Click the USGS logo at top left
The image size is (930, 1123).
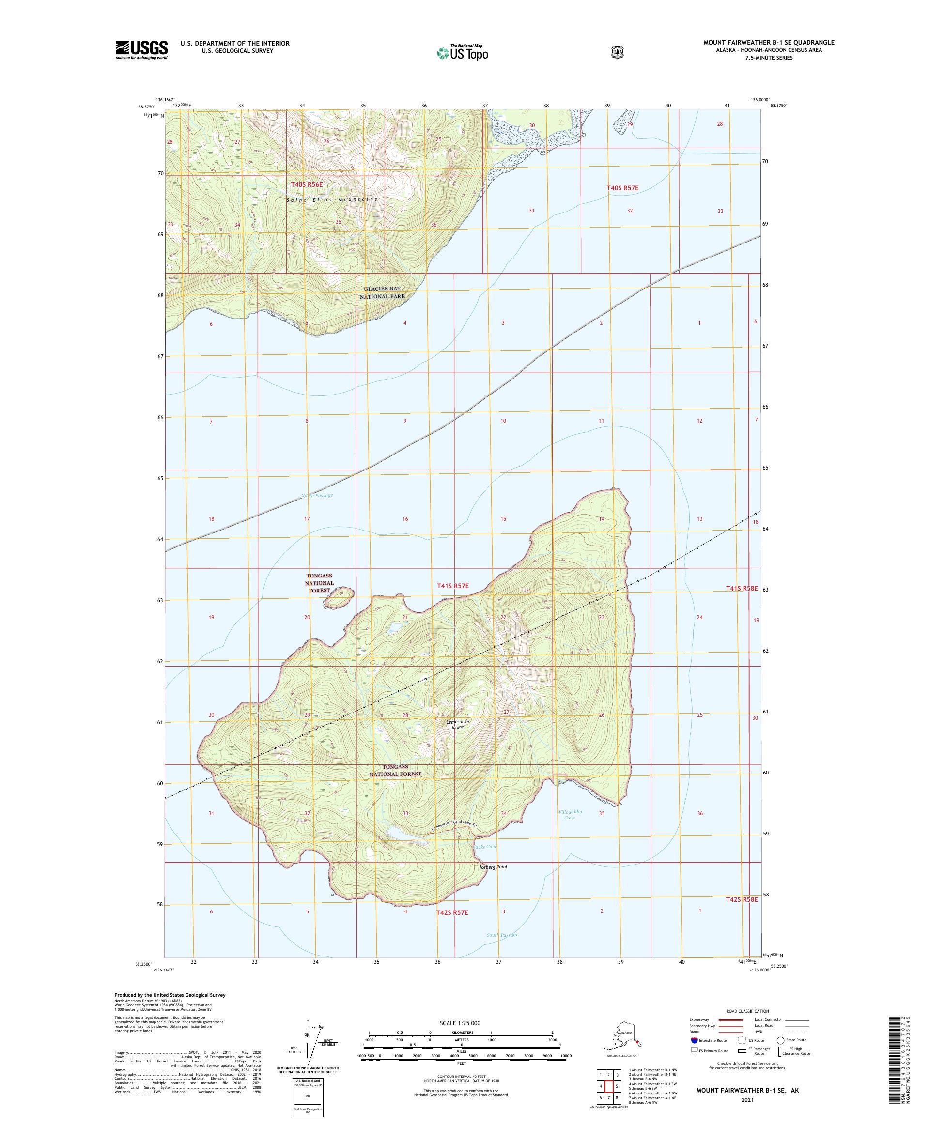click(141, 50)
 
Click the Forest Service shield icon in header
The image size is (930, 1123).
click(618, 52)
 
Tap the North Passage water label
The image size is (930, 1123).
click(317, 495)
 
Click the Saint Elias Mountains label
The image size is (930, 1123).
click(332, 199)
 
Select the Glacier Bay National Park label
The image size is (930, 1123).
click(382, 292)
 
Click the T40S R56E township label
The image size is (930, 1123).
click(307, 184)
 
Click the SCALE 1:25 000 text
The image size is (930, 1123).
click(460, 1022)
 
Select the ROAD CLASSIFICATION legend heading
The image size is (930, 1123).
click(746, 1011)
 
